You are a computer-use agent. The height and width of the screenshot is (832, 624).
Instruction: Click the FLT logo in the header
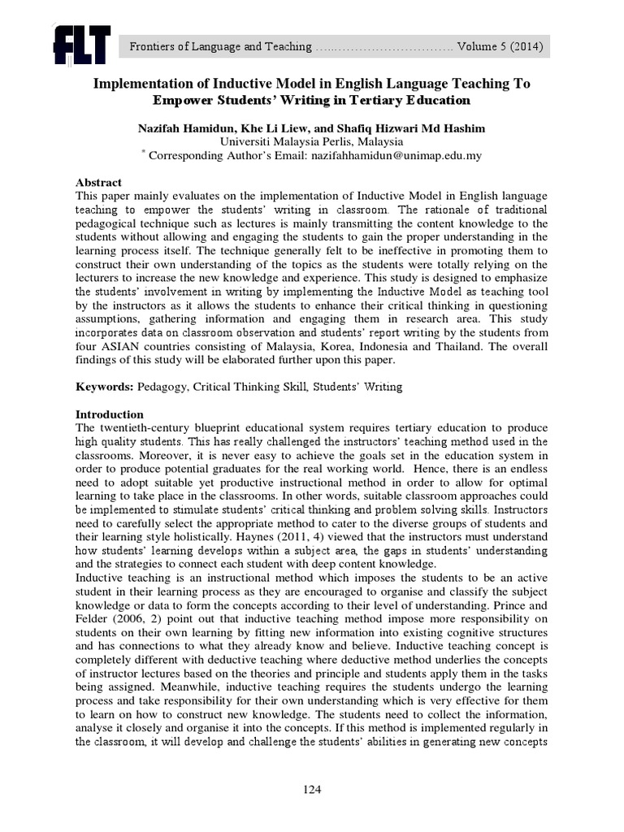[80, 45]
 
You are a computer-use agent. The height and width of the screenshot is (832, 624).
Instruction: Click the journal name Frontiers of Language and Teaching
[220, 47]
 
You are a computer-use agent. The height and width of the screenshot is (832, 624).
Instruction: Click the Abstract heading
[98, 183]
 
